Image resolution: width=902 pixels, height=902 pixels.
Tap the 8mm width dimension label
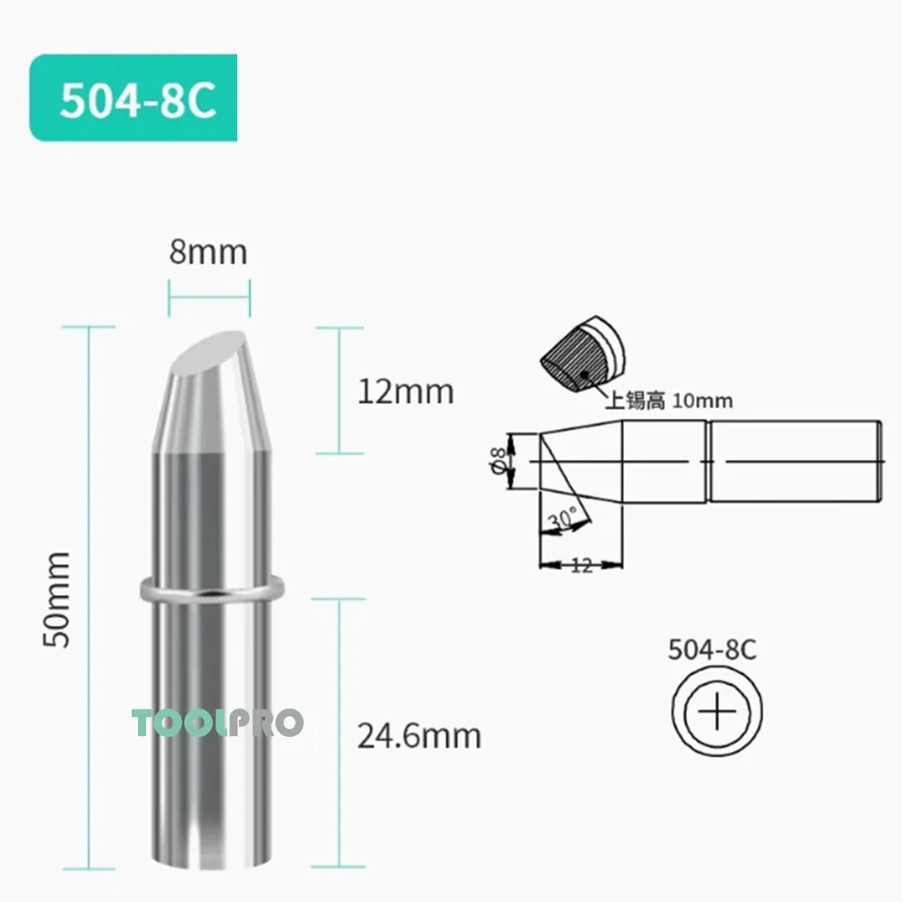(208, 252)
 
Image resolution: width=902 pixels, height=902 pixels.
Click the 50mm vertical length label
(59, 599)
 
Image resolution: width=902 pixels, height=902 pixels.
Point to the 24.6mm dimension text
(419, 737)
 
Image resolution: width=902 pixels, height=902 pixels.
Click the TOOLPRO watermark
(217, 723)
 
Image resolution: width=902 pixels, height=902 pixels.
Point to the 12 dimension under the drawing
(581, 566)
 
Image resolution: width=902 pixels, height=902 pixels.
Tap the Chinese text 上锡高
(632, 401)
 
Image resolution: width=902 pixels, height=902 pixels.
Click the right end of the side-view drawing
(879, 462)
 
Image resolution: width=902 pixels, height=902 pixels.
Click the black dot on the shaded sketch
(584, 373)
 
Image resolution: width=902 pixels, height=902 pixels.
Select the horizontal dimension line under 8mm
(209, 291)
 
